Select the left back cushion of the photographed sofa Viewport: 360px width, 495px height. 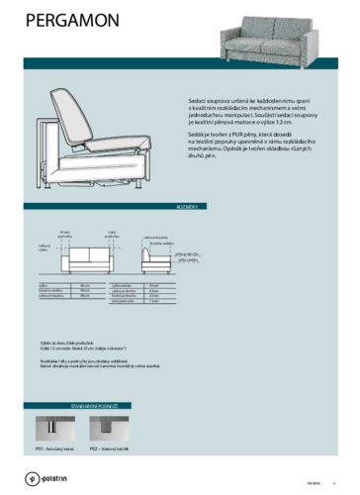255,28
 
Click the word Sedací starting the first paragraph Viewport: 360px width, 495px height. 196,100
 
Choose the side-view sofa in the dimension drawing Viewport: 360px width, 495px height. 154,260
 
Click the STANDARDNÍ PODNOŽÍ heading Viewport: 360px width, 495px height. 95,405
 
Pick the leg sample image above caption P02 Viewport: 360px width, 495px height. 102,429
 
